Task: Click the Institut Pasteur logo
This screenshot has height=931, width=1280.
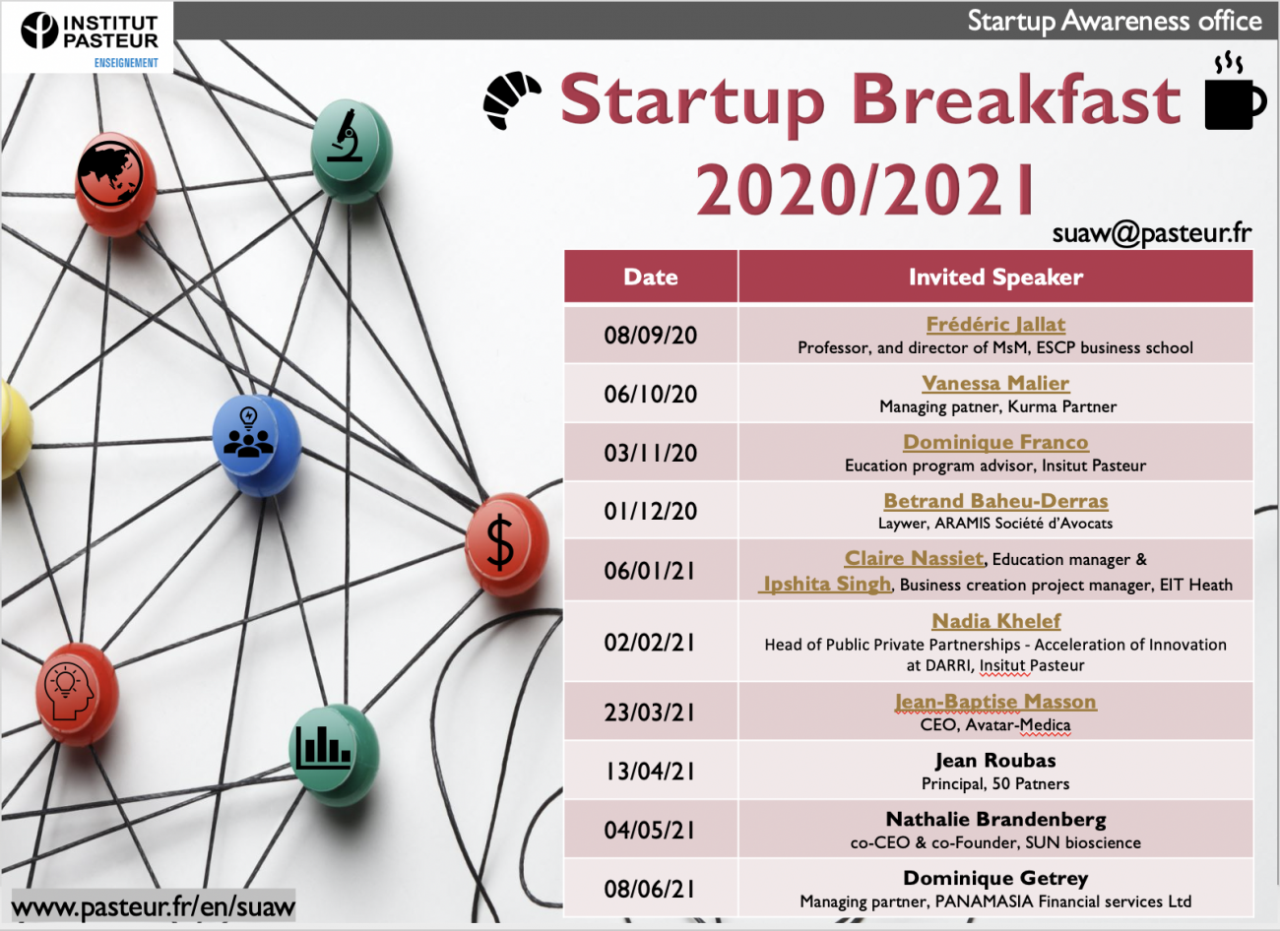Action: (90, 38)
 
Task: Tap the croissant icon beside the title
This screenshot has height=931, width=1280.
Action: (511, 100)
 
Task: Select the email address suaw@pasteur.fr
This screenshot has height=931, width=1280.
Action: (1151, 233)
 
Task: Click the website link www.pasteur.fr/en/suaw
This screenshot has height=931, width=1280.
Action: (154, 905)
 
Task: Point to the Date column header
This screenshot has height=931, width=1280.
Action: (651, 277)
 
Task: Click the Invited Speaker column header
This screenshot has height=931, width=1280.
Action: (995, 277)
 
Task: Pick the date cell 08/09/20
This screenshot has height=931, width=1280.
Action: (651, 336)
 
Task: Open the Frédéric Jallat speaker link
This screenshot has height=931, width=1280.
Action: (995, 324)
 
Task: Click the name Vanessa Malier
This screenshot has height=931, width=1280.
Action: (995, 383)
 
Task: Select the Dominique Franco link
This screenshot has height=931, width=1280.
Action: (995, 442)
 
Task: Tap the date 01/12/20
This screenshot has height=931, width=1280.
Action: (651, 511)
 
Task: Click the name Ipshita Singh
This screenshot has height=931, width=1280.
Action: (826, 584)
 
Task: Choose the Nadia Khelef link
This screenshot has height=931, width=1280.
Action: (996, 620)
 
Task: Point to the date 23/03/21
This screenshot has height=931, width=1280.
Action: (650, 713)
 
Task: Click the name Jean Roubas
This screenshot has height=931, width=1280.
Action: (995, 760)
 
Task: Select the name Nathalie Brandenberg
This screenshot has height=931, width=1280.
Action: (995, 819)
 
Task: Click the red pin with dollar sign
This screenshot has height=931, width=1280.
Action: (505, 544)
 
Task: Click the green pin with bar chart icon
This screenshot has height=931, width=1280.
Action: (335, 755)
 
